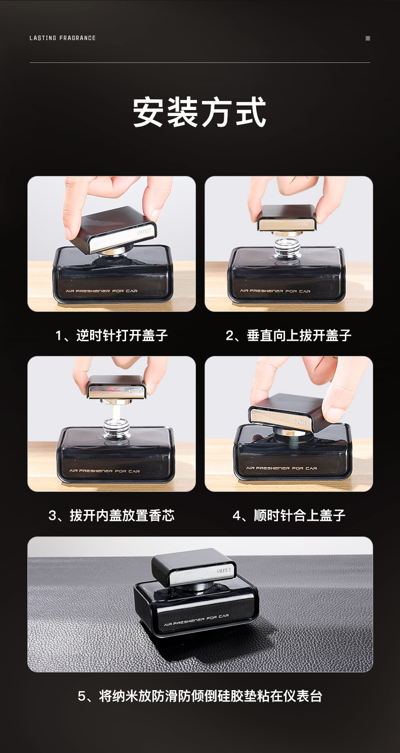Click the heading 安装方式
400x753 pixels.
coord(199,113)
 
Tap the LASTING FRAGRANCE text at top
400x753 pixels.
coord(62,38)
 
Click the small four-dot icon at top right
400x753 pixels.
coord(368,38)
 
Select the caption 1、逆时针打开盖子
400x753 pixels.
coord(111,335)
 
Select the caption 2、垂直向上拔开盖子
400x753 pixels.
coord(289,335)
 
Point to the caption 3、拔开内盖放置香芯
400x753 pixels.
coord(111,516)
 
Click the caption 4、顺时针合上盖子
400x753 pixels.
coord(289,516)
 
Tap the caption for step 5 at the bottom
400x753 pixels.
coord(199,696)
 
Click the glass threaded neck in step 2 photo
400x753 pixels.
coord(287,248)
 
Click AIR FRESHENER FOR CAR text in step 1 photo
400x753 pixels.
coord(98,291)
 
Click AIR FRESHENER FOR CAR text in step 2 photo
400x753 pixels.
coord(275,291)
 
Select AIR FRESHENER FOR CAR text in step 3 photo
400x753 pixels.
coord(105,471)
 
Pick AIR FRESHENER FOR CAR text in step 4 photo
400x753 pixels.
coord(281,468)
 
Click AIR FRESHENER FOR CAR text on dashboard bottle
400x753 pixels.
coord(196,620)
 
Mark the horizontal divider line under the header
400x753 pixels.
coord(199,62)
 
